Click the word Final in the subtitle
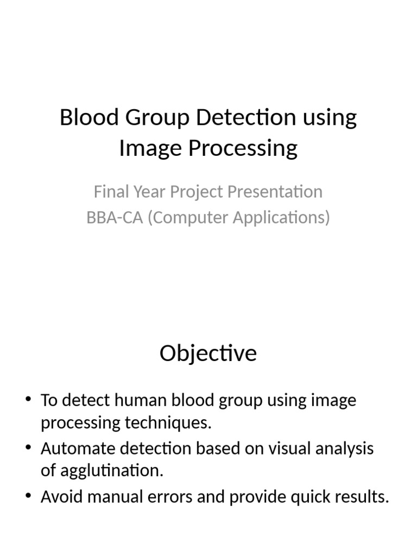(x=109, y=192)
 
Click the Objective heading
(x=208, y=354)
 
